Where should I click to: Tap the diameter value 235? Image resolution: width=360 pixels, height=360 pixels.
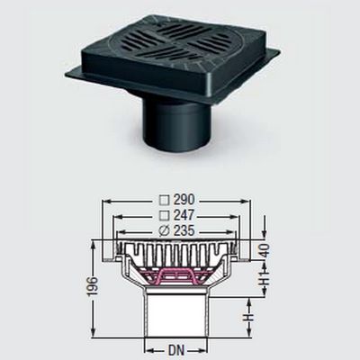(x=183, y=231)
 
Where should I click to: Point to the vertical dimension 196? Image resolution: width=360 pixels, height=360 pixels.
(x=94, y=287)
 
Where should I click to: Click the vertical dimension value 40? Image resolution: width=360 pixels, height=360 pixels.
(x=265, y=251)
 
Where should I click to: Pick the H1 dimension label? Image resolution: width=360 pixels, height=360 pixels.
(x=265, y=278)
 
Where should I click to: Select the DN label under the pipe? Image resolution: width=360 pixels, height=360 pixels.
(x=176, y=350)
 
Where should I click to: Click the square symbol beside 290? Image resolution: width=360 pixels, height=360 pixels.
(x=164, y=200)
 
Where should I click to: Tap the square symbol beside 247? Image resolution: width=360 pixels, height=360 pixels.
(x=164, y=215)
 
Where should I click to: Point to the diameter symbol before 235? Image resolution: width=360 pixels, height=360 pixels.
(x=164, y=231)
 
